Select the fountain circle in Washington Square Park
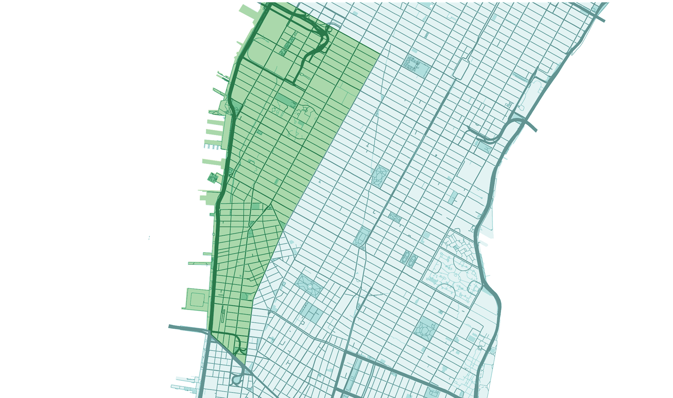click(x=310, y=286)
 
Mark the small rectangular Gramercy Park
click(x=395, y=217)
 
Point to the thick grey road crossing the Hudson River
click(x=188, y=329)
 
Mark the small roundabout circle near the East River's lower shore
click(x=480, y=348)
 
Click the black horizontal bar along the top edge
click(x=449, y=1)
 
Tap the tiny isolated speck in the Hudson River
click(x=149, y=238)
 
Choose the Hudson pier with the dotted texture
click(x=213, y=146)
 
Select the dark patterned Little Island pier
click(x=213, y=178)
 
